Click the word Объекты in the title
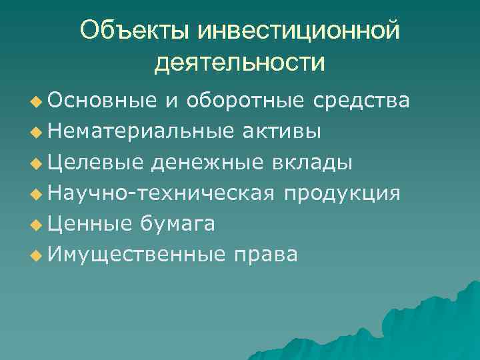[x=133, y=31]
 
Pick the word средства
[x=362, y=101]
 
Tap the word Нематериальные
[x=139, y=131]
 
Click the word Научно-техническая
[x=161, y=193]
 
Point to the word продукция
[x=342, y=193]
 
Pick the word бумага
[x=177, y=224]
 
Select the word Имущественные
[x=137, y=255]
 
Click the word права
[x=265, y=255]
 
